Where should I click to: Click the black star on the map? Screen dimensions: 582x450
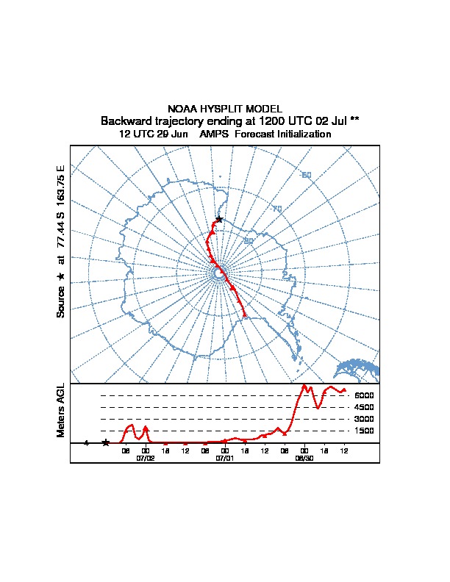coord(218,219)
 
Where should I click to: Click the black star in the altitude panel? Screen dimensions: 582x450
coord(106,442)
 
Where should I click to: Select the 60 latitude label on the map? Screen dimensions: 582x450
coord(307,174)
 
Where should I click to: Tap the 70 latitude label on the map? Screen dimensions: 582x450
coord(277,209)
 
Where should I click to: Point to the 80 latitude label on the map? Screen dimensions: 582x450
coord(249,240)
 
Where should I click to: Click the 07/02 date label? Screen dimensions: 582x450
coord(146,458)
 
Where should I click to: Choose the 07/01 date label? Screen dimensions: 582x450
coord(225,458)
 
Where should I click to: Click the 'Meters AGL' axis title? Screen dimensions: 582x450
coord(62,410)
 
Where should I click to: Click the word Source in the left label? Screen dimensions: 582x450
coord(62,302)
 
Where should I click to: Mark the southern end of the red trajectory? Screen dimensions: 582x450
coord(245,317)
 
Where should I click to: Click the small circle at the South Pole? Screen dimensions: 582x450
coord(218,273)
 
